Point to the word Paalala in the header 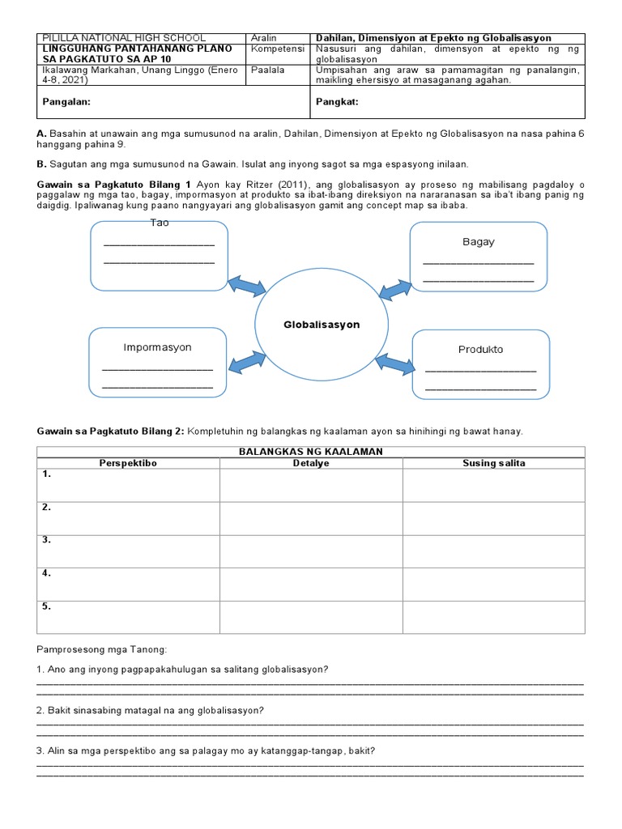(268, 70)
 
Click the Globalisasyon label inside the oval (322, 325)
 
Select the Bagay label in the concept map (479, 242)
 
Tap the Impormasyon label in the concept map (157, 347)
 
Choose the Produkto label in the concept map (480, 350)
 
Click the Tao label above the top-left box (160, 223)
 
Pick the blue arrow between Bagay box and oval (395, 287)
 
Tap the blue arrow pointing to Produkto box (396, 366)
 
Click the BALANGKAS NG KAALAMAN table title (310, 451)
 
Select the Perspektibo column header (127, 463)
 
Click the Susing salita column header (493, 463)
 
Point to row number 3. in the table (47, 540)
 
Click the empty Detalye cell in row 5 (311, 617)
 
